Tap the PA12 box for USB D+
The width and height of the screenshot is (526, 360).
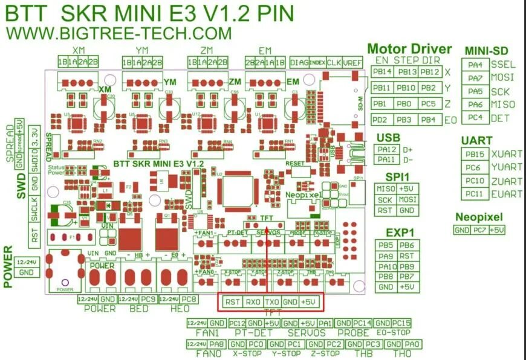pyautogui.click(x=387, y=149)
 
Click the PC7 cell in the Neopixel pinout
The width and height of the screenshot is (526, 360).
pyautogui.click(x=479, y=230)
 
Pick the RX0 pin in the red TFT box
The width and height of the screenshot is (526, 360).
pyautogui.click(x=253, y=301)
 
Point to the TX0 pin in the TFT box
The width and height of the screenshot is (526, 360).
pyautogui.click(x=272, y=301)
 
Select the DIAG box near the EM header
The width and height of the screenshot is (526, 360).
pyautogui.click(x=299, y=62)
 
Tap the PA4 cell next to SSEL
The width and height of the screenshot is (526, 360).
pyautogui.click(x=476, y=65)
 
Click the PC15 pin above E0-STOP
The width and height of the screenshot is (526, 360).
pyautogui.click(x=401, y=323)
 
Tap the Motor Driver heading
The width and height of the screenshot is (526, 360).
pyautogui.click(x=409, y=49)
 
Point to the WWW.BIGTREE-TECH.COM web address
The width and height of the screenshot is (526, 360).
pyautogui.click(x=119, y=33)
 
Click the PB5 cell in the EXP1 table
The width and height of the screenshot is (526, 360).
pyautogui.click(x=387, y=245)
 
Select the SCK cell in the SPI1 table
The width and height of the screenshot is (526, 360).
pyautogui.click(x=386, y=199)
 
